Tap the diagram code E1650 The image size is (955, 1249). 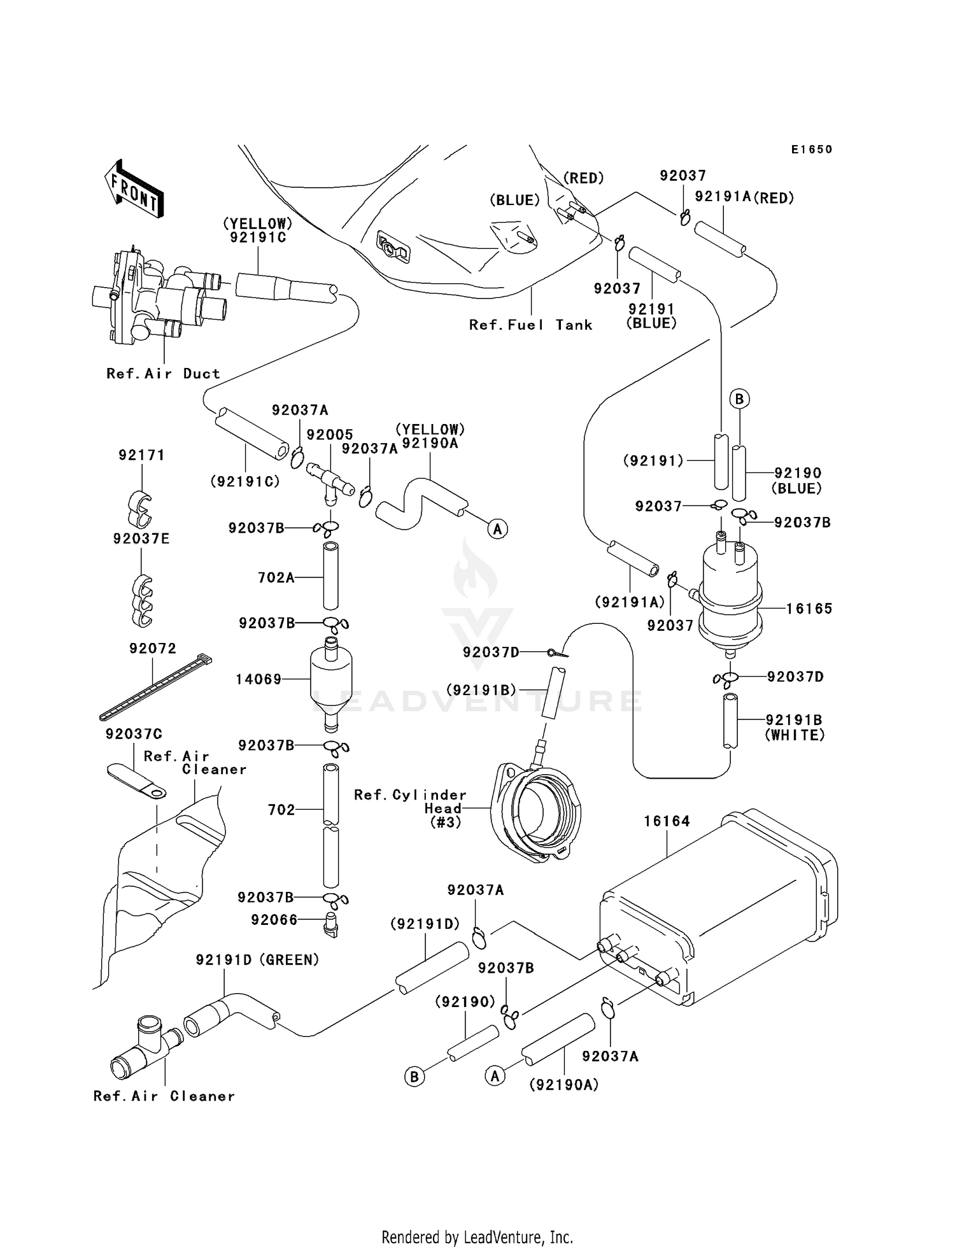[x=812, y=150]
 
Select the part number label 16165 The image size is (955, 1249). [x=809, y=609]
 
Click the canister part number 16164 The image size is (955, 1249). [x=667, y=821]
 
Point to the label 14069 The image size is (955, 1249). [x=258, y=679]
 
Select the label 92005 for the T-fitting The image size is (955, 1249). [x=330, y=435]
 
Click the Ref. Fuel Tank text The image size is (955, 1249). [x=530, y=325]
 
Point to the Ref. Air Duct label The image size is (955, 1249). [x=163, y=374]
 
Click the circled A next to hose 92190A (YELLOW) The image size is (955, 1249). [x=498, y=528]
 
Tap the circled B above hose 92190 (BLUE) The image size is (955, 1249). [x=739, y=399]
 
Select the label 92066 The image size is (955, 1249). [x=274, y=920]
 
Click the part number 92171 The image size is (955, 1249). [x=141, y=455]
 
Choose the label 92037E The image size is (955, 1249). [x=141, y=539]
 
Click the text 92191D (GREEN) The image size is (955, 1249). [x=257, y=959]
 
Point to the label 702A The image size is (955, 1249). [x=276, y=577]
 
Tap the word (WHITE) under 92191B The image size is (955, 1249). [x=795, y=735]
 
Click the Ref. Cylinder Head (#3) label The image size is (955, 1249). [x=411, y=808]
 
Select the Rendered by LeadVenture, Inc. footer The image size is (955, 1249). [x=477, y=1237]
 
